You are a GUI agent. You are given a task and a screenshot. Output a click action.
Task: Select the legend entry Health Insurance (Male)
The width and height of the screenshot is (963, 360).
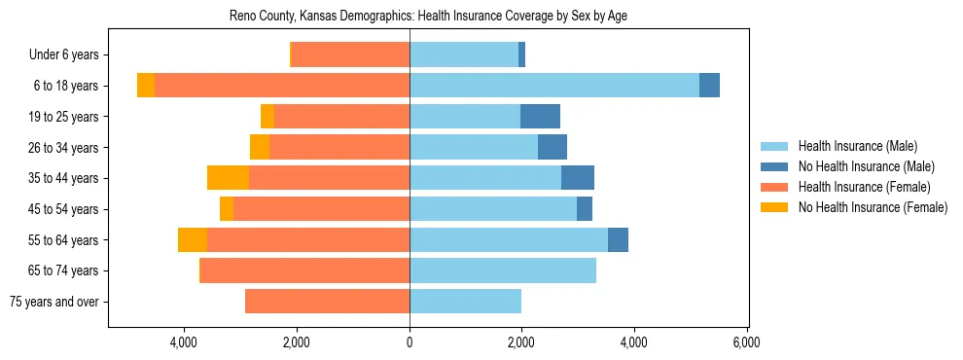pyautogui.click(x=857, y=146)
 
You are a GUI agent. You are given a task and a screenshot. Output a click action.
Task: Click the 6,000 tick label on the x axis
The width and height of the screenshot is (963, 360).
pyautogui.click(x=746, y=342)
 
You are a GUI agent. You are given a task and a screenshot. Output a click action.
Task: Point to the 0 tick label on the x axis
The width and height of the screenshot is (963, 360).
pyautogui.click(x=410, y=342)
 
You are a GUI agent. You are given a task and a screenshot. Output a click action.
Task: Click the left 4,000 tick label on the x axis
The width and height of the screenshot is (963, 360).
pyautogui.click(x=184, y=342)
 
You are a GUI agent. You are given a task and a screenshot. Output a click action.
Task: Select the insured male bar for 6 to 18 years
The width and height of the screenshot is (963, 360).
pyautogui.click(x=554, y=86)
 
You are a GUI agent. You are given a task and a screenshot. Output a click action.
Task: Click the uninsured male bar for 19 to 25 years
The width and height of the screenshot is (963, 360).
pyautogui.click(x=540, y=117)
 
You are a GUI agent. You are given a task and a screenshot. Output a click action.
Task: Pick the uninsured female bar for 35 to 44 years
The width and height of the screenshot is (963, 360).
pyautogui.click(x=228, y=178)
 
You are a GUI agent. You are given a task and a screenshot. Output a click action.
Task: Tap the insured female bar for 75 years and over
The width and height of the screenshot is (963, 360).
pyautogui.click(x=327, y=302)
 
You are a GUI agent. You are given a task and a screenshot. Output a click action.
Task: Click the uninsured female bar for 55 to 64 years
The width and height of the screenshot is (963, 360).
pyautogui.click(x=193, y=240)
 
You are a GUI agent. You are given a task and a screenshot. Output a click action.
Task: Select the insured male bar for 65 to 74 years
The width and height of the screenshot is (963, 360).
pyautogui.click(x=503, y=270)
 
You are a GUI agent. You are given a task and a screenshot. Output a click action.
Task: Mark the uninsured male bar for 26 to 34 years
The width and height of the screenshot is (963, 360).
pyautogui.click(x=553, y=148)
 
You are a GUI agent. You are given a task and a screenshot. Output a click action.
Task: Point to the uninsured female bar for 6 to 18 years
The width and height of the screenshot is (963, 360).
pyautogui.click(x=146, y=86)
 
